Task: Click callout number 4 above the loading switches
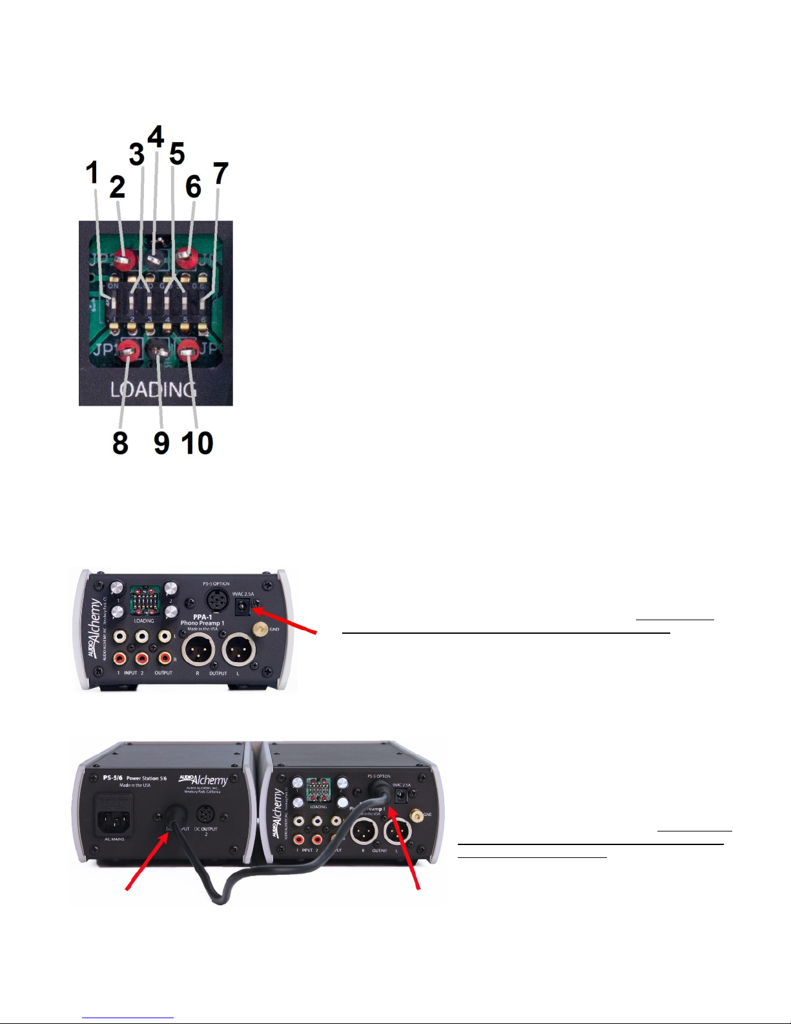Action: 156,137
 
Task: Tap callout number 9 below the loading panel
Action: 161,443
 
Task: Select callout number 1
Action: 93,172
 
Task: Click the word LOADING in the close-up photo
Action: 153,390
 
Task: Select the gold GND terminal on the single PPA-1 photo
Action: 262,629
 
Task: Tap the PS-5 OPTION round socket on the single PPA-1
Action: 217,600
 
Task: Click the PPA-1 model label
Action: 203,617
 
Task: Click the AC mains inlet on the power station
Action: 115,816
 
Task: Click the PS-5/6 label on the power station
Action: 113,778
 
